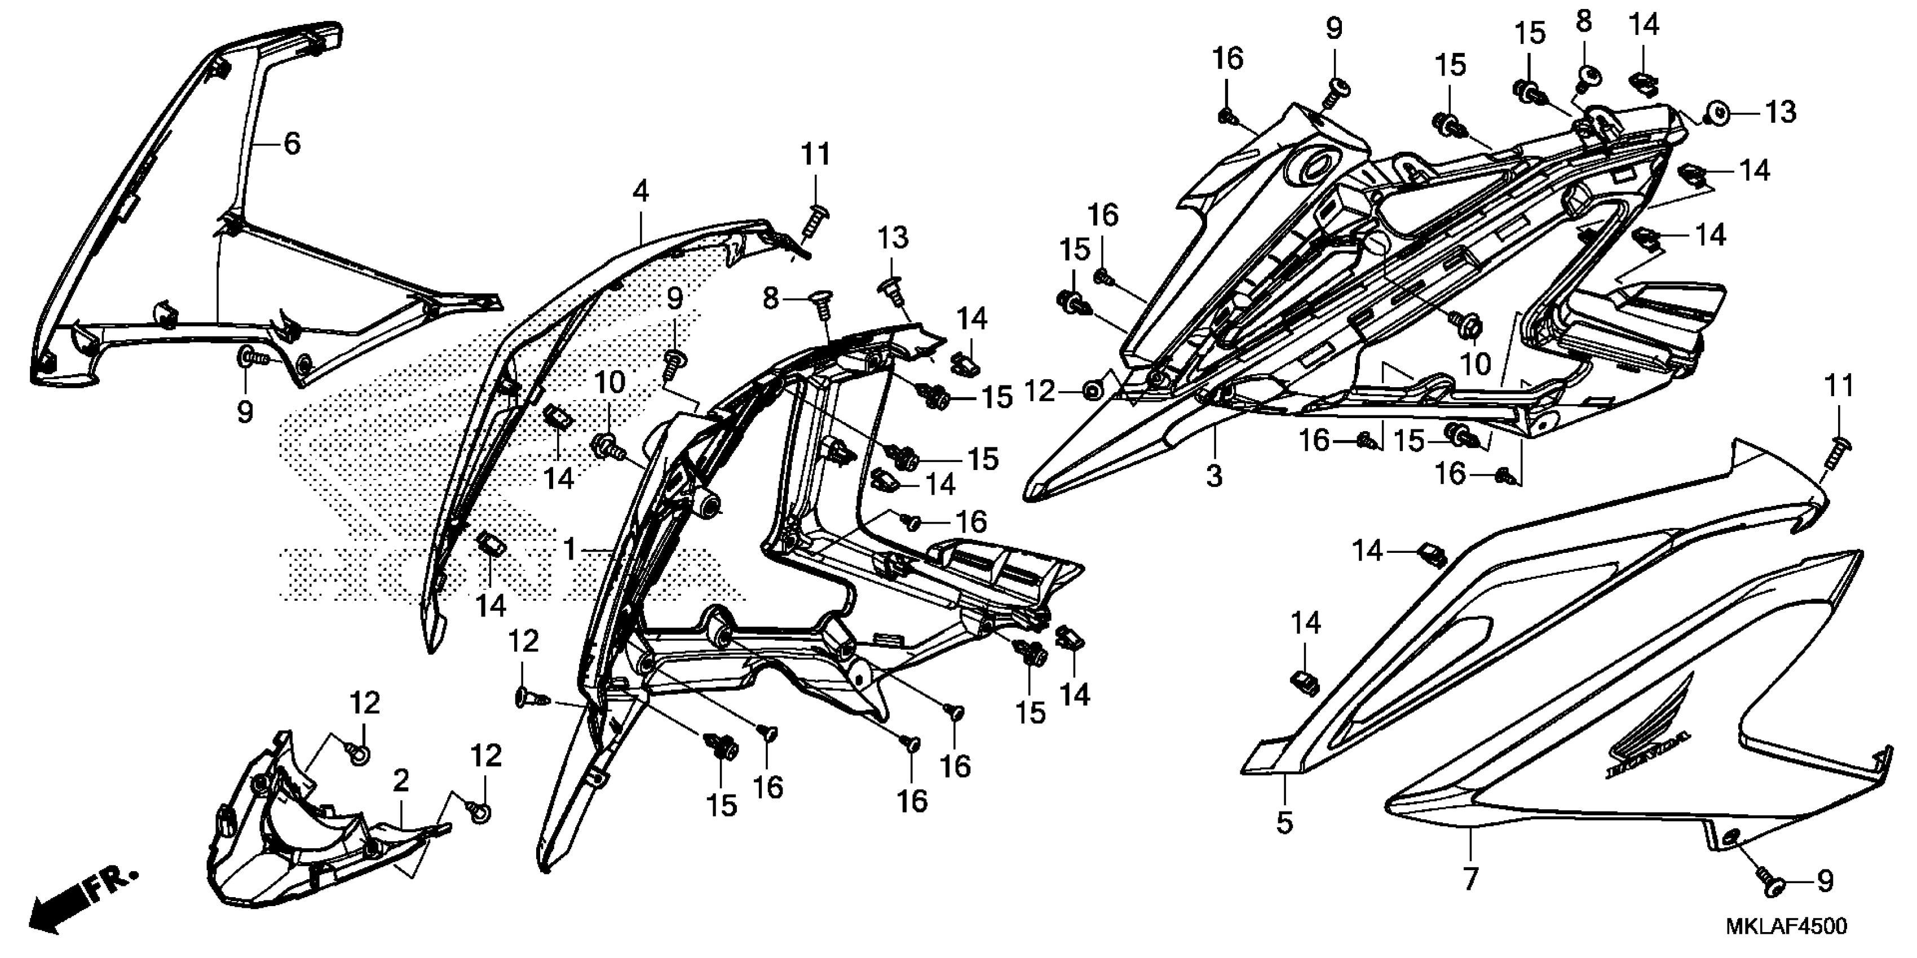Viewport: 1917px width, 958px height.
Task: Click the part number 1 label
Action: pos(570,551)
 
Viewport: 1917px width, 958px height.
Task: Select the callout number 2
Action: pos(401,782)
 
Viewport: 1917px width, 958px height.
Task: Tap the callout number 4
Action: pos(641,192)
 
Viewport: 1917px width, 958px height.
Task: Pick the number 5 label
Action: pos(1284,823)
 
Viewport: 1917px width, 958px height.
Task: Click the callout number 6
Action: pos(293,144)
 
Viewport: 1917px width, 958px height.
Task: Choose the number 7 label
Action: pos(1470,880)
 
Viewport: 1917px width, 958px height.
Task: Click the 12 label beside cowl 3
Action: pos(1040,391)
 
